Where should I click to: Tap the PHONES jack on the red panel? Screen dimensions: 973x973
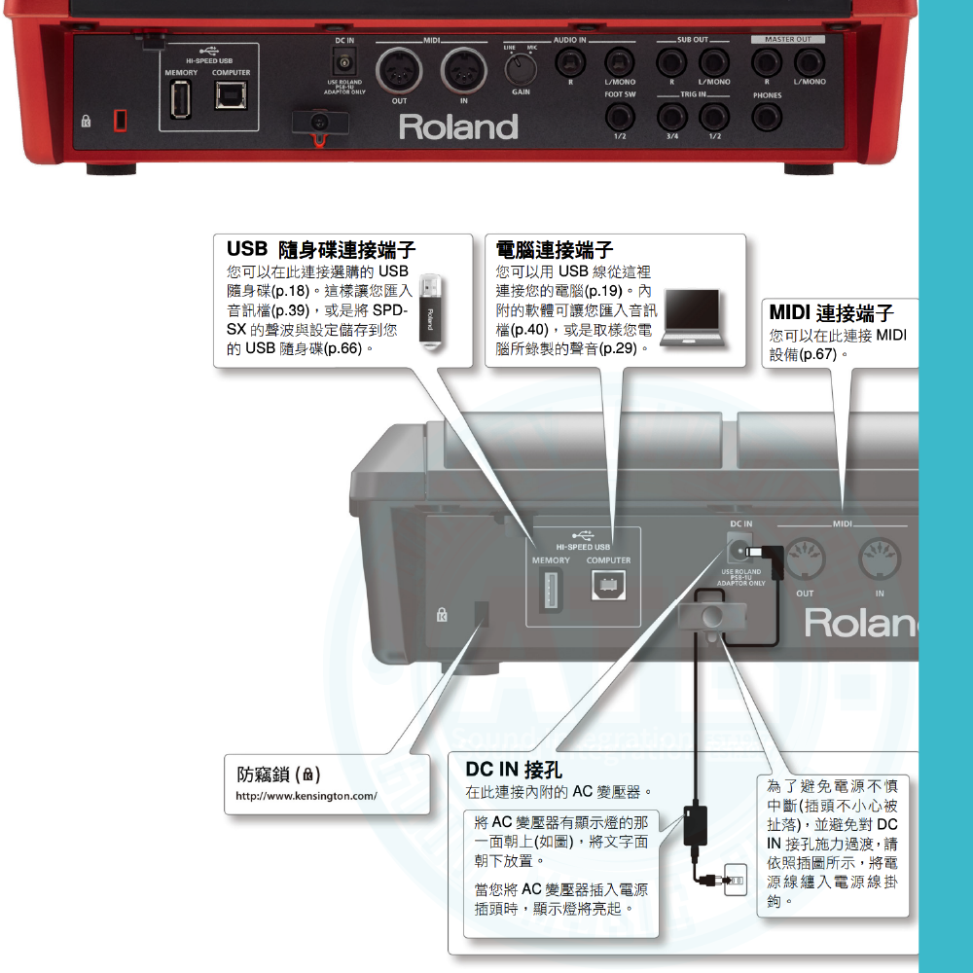[768, 118]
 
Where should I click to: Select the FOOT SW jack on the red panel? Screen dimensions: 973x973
[620, 118]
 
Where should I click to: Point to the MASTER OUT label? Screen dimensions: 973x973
[787, 39]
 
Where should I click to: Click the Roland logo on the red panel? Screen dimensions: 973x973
[458, 127]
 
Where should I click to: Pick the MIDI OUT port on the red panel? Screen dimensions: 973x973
[399, 70]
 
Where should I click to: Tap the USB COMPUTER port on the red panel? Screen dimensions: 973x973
[231, 97]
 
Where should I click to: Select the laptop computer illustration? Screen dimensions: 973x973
[692, 318]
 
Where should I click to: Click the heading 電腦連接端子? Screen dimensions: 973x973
[555, 250]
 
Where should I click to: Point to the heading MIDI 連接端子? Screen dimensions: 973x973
[831, 313]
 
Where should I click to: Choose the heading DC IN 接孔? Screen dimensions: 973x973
[514, 770]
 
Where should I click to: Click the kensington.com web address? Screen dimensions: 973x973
[306, 796]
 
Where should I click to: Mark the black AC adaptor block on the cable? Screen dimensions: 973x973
[695, 824]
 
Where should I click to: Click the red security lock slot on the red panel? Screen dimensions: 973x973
[121, 120]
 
